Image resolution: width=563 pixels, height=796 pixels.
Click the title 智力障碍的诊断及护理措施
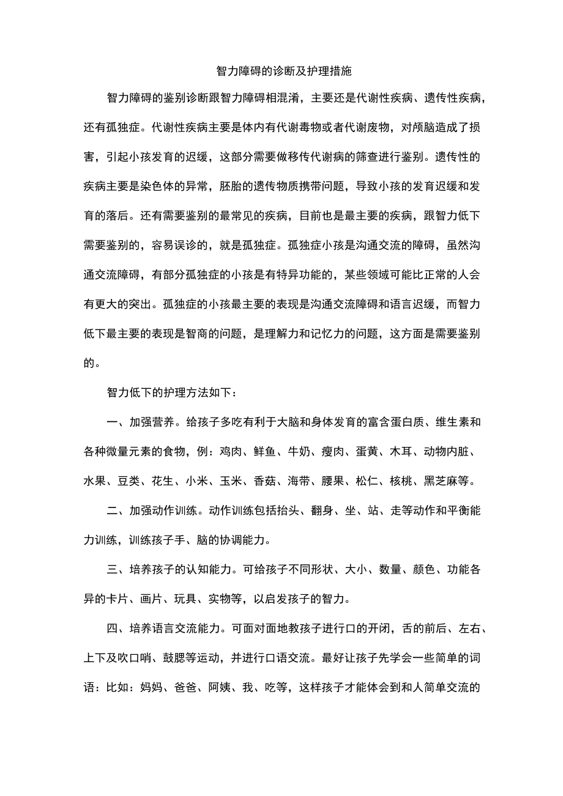click(x=284, y=71)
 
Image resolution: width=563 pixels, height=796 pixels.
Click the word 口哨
click(x=142, y=658)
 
